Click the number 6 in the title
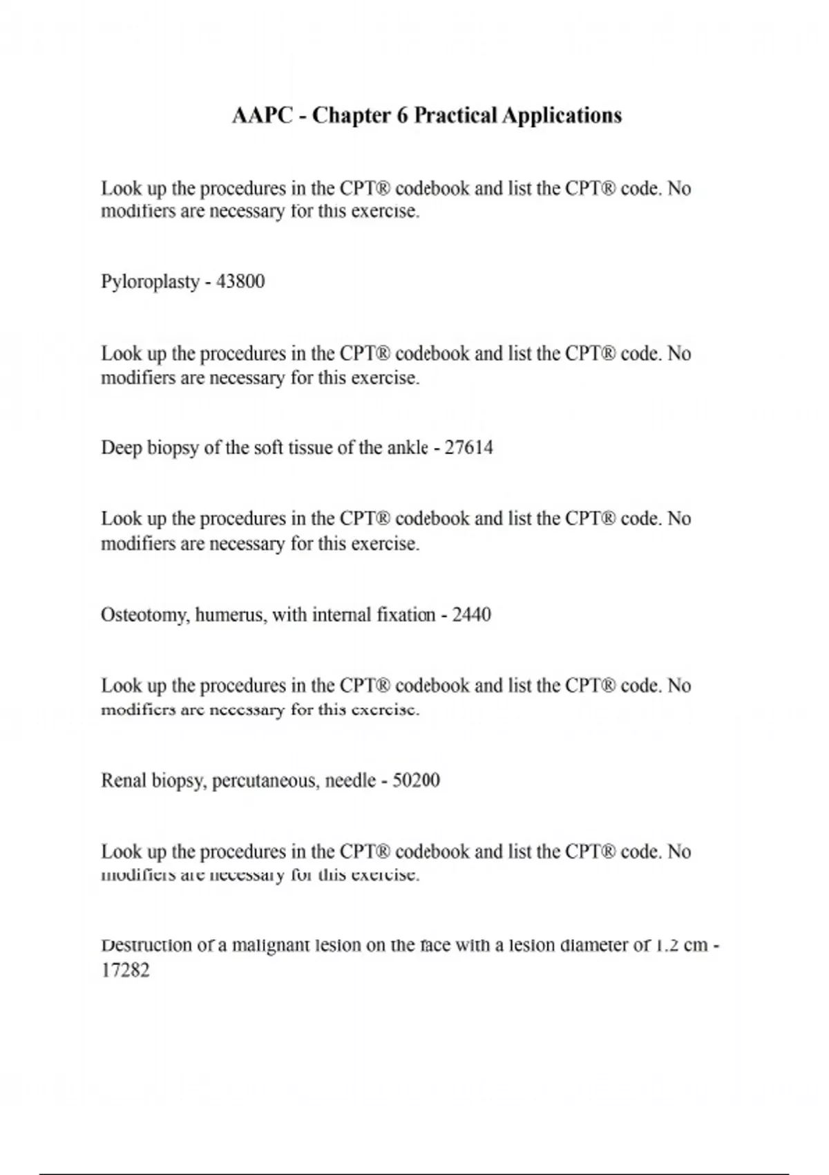pos(402,115)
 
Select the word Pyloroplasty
pos(150,282)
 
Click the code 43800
pos(240,282)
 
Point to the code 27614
pos(468,448)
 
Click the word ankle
pos(408,448)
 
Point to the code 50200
pos(416,781)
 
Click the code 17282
pos(125,970)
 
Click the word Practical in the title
pos(456,115)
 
